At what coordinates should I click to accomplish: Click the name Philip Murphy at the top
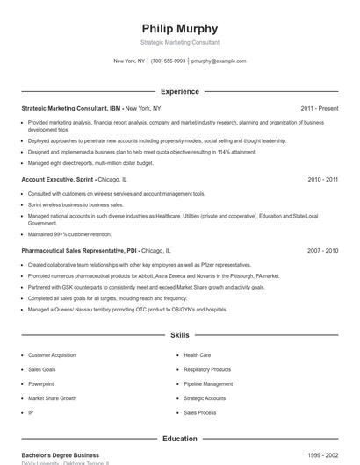tap(179, 28)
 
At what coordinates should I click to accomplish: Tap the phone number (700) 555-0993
tap(168, 61)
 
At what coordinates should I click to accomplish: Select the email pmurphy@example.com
tap(219, 61)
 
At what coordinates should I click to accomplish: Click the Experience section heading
tap(179, 91)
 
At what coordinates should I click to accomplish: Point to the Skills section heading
tap(179, 335)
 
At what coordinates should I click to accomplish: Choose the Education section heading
tap(179, 439)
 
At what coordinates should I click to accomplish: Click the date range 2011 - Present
tap(319, 108)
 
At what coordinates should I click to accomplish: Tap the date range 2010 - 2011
tap(322, 179)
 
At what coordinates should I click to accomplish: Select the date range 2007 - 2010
tap(322, 250)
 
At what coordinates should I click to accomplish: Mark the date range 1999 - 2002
tap(322, 455)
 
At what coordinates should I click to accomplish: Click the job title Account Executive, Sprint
tap(58, 179)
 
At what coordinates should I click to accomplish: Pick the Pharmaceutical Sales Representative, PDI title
tap(79, 250)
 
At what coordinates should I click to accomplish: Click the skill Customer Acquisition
tap(52, 355)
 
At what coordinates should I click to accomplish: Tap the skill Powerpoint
tap(41, 383)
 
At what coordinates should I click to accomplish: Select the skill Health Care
tap(197, 355)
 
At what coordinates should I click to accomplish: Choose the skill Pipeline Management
tap(208, 383)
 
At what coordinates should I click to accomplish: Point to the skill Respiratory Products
tap(207, 369)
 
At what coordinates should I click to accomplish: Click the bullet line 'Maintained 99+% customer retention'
tap(70, 234)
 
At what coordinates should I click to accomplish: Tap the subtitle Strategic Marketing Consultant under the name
tap(179, 42)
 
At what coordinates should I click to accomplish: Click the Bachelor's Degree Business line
tap(54, 455)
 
